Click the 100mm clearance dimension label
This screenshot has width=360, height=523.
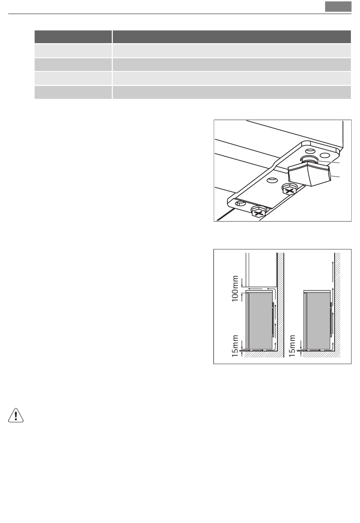235,289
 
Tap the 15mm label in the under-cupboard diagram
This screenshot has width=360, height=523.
235,346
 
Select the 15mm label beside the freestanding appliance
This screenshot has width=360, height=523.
292,346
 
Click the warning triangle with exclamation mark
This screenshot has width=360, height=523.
16,415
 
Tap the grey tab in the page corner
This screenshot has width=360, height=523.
338,6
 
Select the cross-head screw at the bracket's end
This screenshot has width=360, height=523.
258,212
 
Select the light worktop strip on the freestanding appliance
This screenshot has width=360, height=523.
317,292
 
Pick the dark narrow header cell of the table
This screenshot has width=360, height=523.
73,37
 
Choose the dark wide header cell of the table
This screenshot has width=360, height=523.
232,37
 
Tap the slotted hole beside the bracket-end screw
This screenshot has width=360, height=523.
240,203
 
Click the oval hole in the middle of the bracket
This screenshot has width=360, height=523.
272,180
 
